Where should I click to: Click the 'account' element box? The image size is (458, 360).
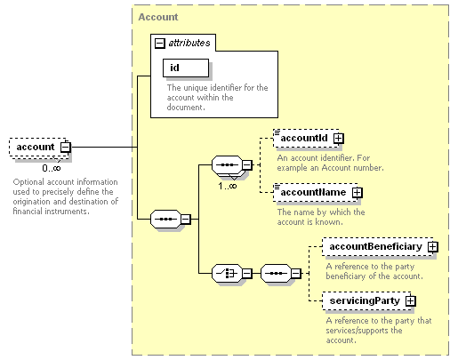39,148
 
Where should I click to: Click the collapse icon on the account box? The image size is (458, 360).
65,148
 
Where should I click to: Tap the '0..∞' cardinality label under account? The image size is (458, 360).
52,168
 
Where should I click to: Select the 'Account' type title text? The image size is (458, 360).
158,17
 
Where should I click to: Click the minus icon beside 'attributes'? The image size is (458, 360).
159,44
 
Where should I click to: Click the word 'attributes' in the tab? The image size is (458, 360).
189,43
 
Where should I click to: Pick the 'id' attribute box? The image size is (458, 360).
186,68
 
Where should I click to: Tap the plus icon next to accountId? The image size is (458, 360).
338,139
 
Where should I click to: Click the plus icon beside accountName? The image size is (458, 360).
358,193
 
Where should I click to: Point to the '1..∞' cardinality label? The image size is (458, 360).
228,186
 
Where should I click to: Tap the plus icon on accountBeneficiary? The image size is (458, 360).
433,247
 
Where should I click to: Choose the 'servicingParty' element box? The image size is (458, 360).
367,301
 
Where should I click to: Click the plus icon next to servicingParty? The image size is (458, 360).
411,301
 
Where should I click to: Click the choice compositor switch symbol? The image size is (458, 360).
227,273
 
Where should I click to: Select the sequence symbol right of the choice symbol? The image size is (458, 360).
276,273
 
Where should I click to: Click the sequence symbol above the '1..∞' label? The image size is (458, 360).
227,164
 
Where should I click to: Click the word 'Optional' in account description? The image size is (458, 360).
28,182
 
